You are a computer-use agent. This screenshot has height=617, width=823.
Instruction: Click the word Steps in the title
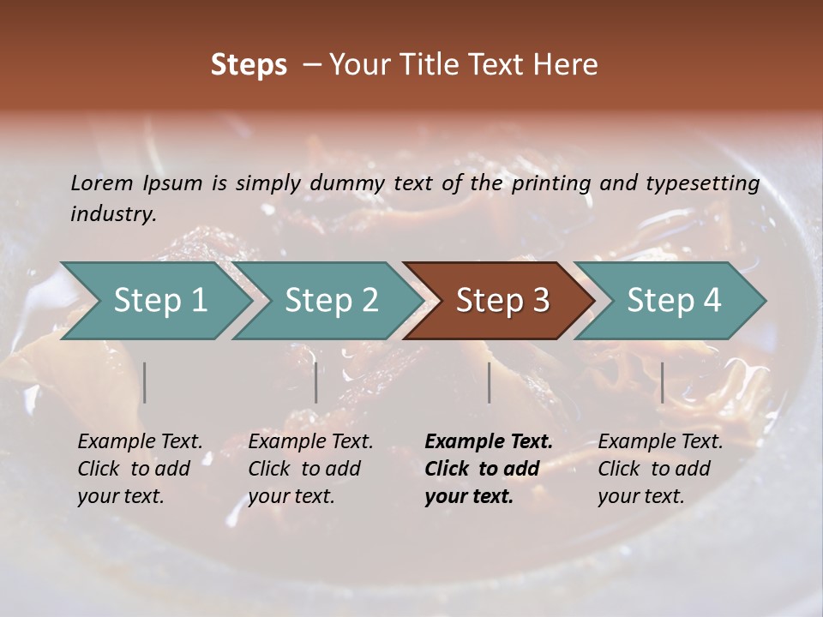249,65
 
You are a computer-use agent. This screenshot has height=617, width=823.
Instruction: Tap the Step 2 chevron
331,301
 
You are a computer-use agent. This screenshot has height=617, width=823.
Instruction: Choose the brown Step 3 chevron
502,301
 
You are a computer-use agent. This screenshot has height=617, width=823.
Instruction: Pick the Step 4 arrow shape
674,301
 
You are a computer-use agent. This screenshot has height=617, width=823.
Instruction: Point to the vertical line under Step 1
145,382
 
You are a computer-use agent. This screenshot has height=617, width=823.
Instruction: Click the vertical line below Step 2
316,382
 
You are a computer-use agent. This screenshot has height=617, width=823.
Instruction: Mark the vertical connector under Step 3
490,382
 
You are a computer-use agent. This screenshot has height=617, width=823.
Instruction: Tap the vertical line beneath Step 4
662,382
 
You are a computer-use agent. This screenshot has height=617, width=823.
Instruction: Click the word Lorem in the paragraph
102,183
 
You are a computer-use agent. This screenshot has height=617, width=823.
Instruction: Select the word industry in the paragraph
112,214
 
